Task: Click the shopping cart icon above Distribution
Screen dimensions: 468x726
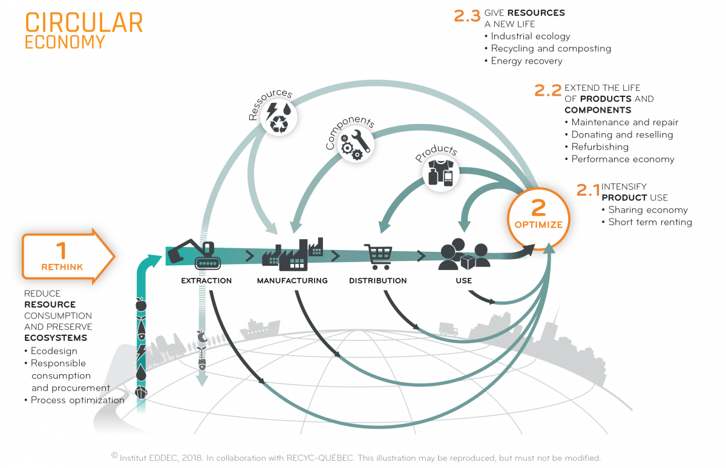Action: [x=378, y=257]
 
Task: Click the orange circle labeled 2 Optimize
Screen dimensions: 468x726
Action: [x=538, y=216]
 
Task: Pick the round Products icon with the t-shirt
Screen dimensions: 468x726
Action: [x=440, y=173]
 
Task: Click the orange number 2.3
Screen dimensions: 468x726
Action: [x=466, y=16]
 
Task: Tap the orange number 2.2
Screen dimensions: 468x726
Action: [x=548, y=91]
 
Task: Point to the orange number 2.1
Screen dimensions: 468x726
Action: [x=587, y=190]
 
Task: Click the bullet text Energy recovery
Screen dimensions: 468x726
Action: [x=526, y=61]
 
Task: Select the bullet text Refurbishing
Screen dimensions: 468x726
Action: [x=600, y=147]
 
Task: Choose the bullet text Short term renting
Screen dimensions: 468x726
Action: [x=650, y=222]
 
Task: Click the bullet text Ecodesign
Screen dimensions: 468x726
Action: [x=54, y=351]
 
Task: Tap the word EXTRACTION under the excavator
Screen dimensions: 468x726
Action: [x=206, y=281]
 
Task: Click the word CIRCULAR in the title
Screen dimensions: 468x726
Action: [x=83, y=22]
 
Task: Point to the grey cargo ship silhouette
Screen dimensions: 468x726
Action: [x=260, y=329]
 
